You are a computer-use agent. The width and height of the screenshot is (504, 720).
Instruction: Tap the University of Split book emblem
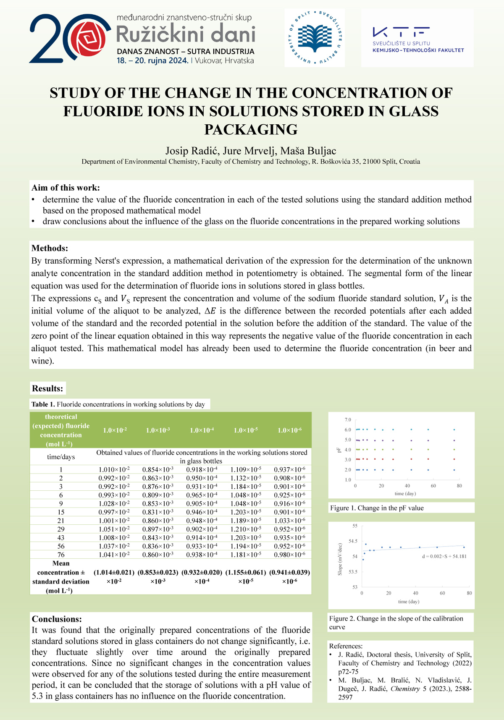point(315,38)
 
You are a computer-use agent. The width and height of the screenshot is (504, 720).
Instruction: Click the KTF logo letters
point(401,32)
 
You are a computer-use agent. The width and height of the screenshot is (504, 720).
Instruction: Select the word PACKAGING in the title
point(251,130)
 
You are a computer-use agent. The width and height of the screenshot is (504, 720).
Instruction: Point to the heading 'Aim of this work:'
point(66,188)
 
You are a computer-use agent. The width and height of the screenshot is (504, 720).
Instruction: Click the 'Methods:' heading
point(50,248)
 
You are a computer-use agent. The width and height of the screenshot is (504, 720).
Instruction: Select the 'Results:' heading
point(47,388)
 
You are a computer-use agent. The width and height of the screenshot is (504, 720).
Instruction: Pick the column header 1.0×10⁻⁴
point(202,430)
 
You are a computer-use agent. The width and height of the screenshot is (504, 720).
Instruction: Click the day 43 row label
point(61,538)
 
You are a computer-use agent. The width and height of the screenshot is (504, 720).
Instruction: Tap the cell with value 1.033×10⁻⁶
point(289,521)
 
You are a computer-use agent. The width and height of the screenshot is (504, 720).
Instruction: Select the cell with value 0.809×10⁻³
point(157,495)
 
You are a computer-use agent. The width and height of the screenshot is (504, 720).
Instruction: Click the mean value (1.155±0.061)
point(246,572)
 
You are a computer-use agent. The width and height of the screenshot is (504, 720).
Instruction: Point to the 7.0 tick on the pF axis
point(348,420)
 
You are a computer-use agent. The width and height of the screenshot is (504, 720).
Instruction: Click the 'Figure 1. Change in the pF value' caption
point(377,508)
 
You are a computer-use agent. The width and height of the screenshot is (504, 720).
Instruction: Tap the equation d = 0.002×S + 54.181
point(444,556)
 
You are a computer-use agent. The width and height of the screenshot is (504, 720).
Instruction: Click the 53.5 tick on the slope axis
point(353,572)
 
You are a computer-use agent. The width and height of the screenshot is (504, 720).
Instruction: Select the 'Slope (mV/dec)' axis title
point(340,559)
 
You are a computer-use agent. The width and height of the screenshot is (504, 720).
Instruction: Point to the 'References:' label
point(346,646)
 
